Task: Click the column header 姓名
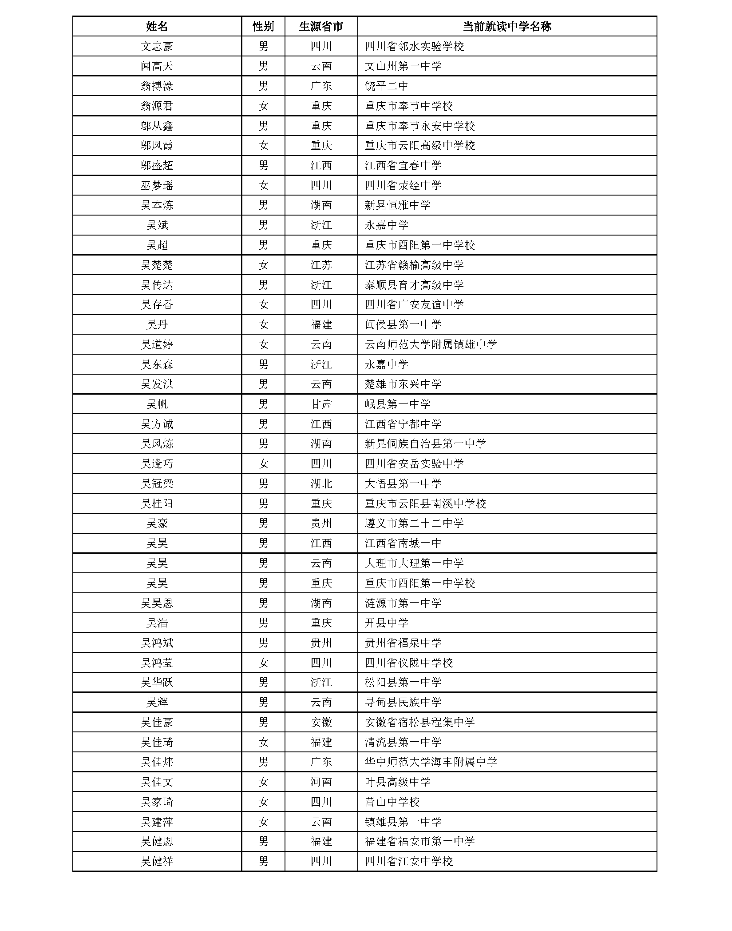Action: pyautogui.click(x=157, y=27)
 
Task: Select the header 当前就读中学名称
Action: pyautogui.click(x=506, y=27)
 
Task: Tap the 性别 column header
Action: pyautogui.click(x=263, y=27)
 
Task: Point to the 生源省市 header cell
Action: pyautogui.click(x=321, y=27)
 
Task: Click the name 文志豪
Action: pyautogui.click(x=157, y=46)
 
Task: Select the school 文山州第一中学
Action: pyautogui.click(x=403, y=66)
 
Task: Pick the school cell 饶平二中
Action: pyautogui.click(x=386, y=86)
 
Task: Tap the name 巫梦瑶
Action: pyautogui.click(x=157, y=185)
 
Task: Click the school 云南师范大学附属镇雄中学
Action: pyautogui.click(x=431, y=344)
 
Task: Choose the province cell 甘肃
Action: pyautogui.click(x=321, y=404)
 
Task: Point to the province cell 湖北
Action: pyautogui.click(x=321, y=483)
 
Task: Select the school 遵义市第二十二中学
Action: pyautogui.click(x=414, y=523)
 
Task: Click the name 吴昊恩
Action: pyautogui.click(x=157, y=603)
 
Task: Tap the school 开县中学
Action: pyautogui.click(x=386, y=623)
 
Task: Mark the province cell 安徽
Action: pyautogui.click(x=321, y=722)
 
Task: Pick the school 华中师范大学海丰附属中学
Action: pyautogui.click(x=431, y=762)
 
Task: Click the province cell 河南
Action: pyautogui.click(x=321, y=782)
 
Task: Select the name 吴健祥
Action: pyautogui.click(x=157, y=861)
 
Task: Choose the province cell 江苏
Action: pyautogui.click(x=321, y=265)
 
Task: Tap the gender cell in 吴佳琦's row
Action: pyautogui.click(x=263, y=742)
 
